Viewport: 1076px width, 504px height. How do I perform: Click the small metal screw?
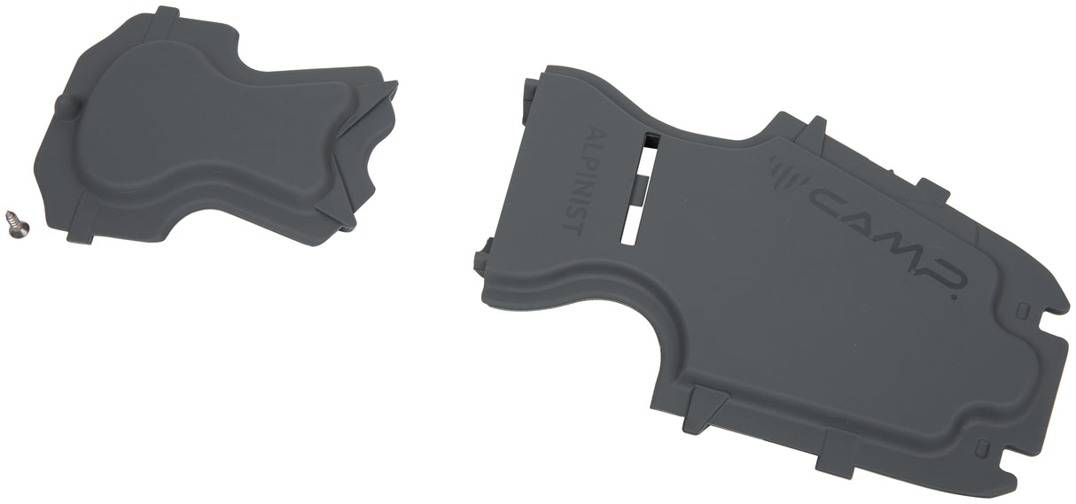tap(18, 223)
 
